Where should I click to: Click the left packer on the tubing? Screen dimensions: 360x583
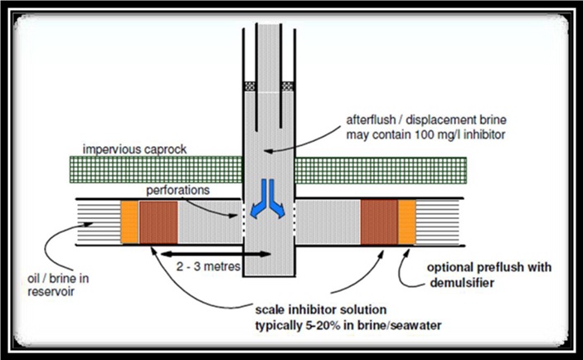click(x=249, y=85)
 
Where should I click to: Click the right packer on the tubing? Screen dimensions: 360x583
click(x=287, y=85)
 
